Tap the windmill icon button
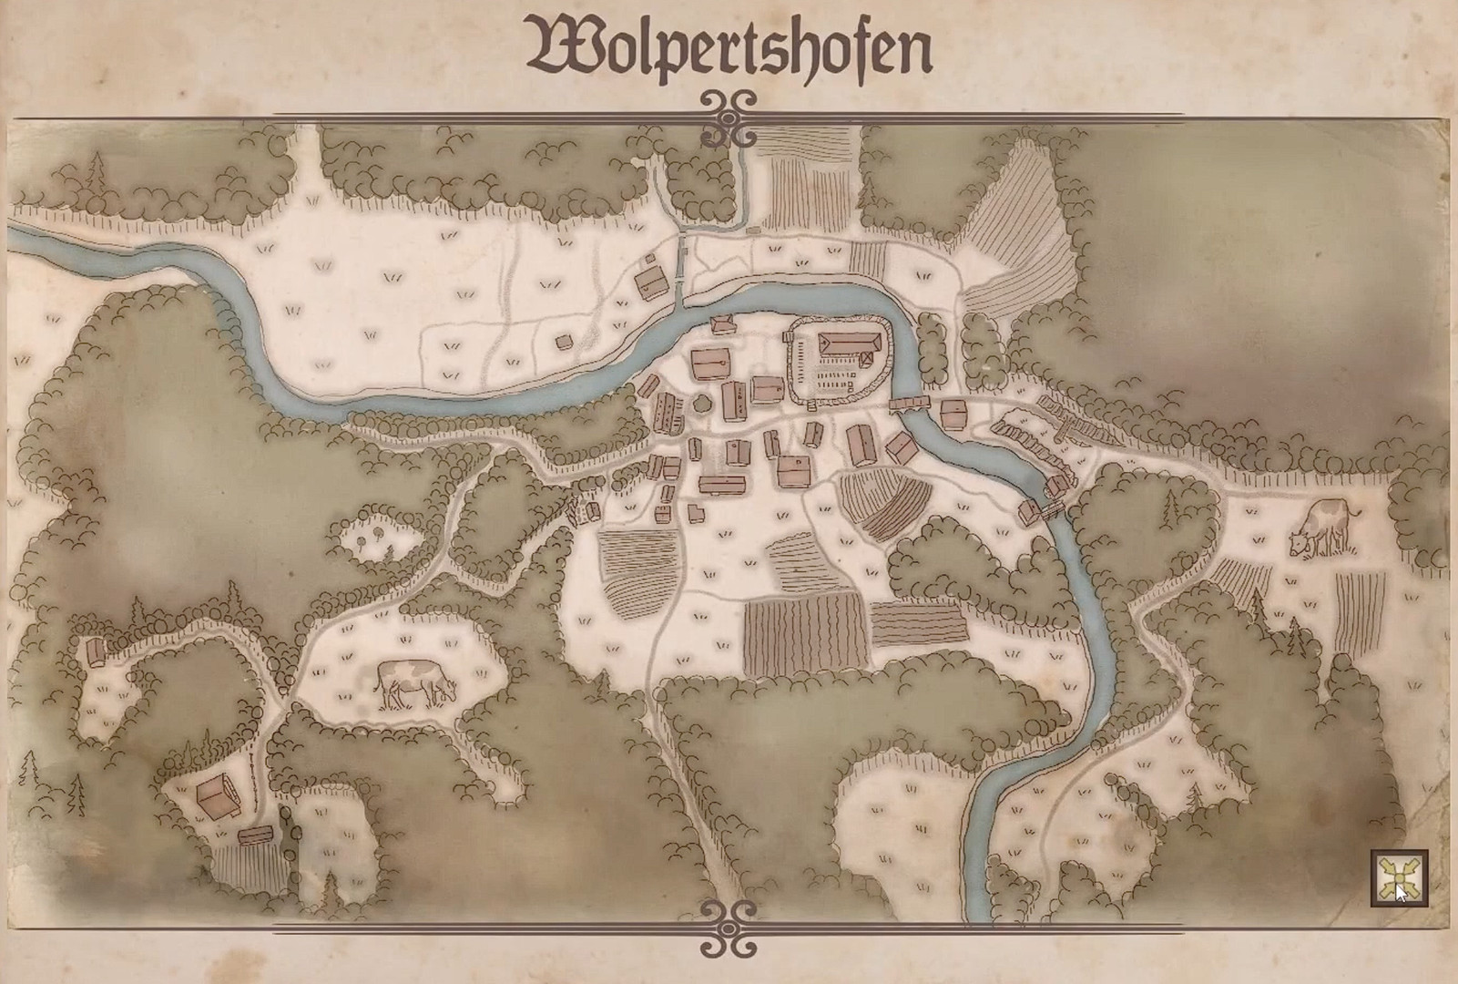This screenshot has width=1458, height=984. [x=1399, y=878]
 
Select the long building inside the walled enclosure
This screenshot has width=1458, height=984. [x=850, y=344]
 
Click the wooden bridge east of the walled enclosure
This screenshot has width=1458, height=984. [x=909, y=402]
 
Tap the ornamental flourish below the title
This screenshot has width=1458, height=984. [x=729, y=118]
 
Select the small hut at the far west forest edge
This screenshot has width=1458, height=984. [x=95, y=651]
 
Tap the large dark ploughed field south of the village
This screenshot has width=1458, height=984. [x=805, y=634]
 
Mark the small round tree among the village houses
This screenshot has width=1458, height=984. [x=701, y=402]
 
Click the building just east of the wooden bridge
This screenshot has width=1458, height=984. [x=953, y=413]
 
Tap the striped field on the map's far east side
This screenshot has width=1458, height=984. [x=1361, y=611]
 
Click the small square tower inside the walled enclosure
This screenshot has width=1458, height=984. [x=788, y=337]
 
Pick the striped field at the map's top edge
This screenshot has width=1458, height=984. [x=807, y=178]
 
